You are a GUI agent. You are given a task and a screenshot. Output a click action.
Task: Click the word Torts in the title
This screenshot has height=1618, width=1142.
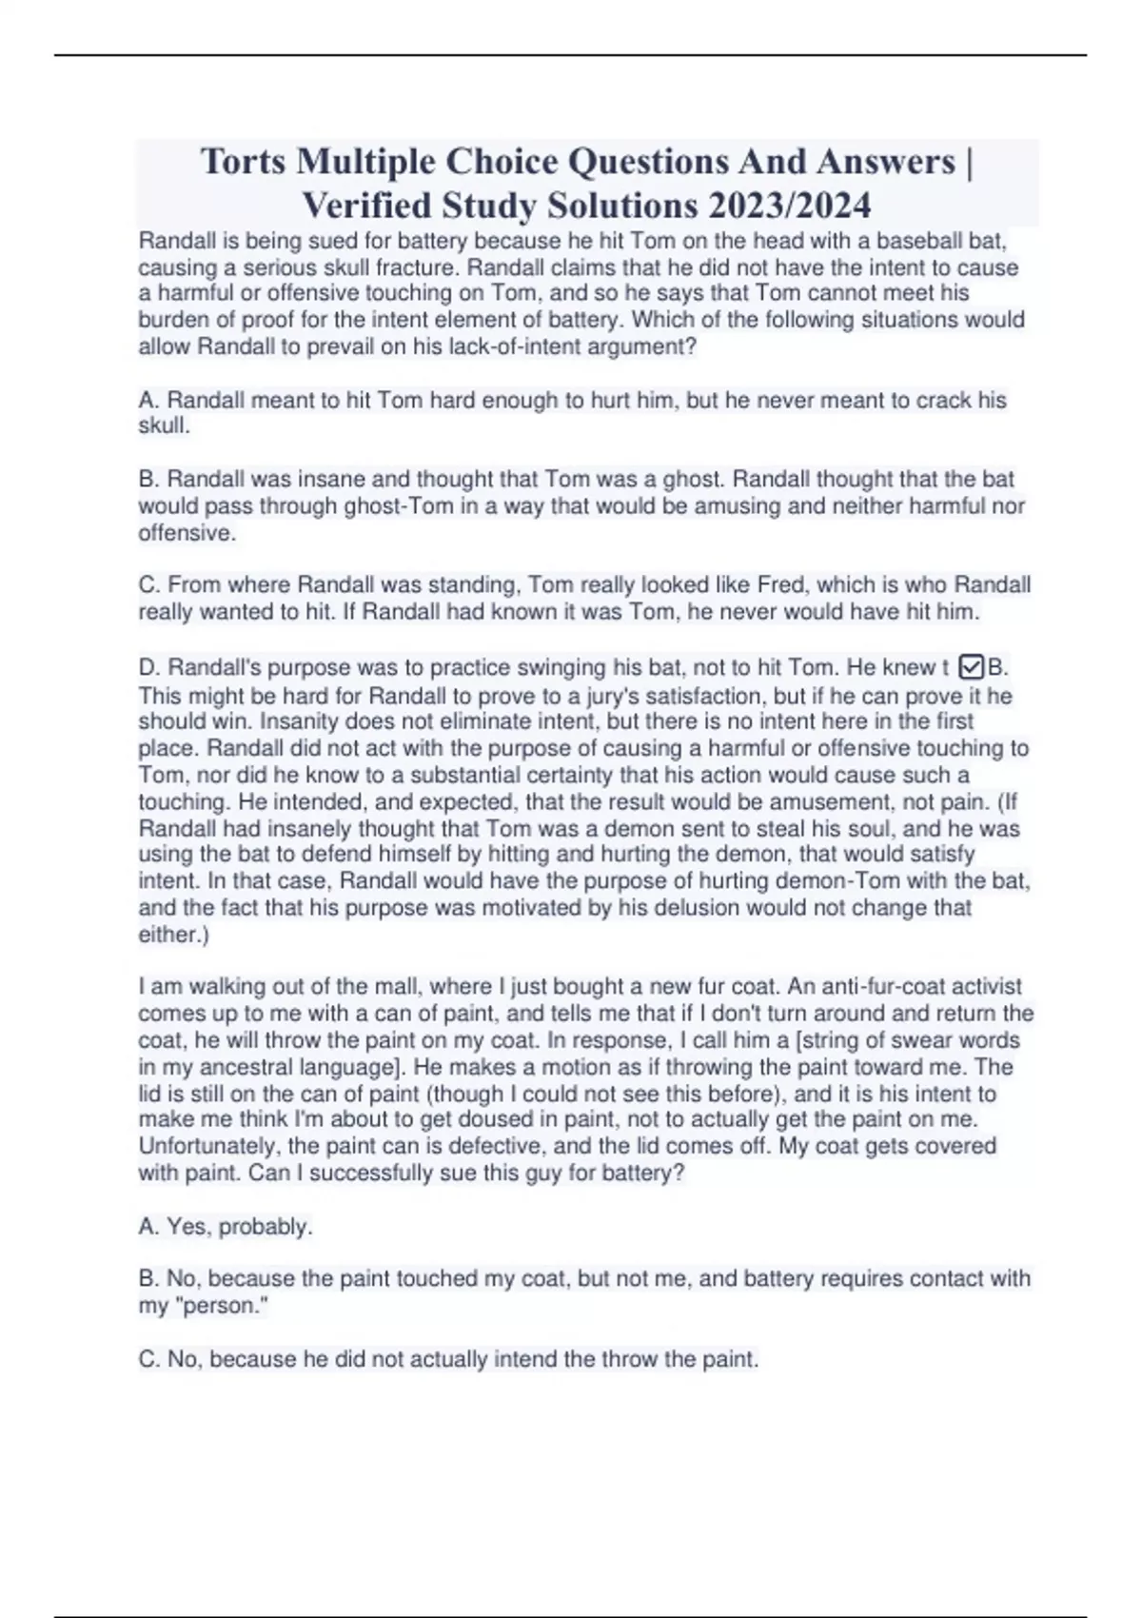(243, 162)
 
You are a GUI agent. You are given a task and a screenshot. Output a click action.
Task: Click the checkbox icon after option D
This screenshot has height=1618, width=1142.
(972, 667)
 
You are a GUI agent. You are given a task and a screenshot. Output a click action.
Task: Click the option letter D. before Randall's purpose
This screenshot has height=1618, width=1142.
(149, 667)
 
